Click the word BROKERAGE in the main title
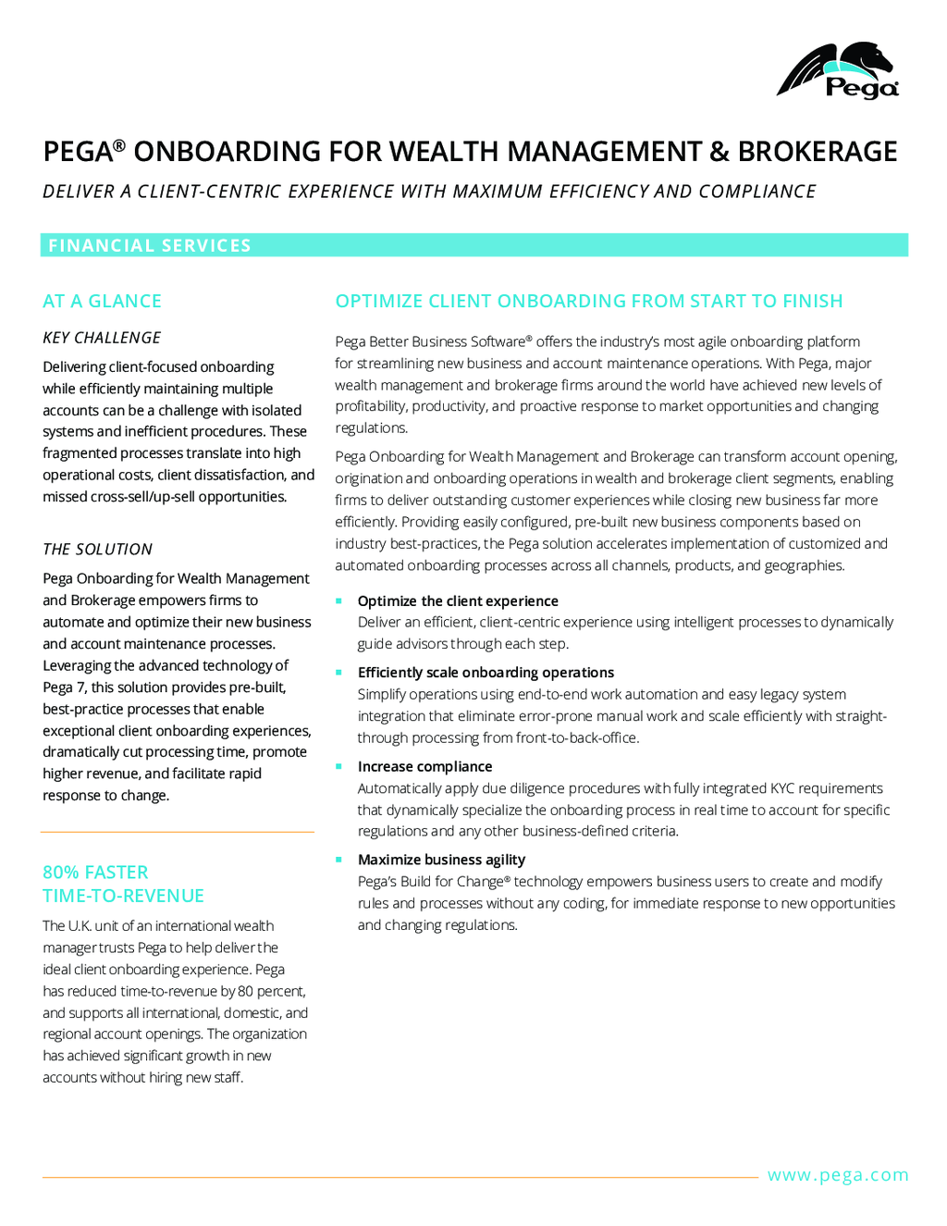818,152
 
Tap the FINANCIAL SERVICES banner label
150,245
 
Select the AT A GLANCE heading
102,301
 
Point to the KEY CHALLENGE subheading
102,338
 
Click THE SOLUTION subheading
97,549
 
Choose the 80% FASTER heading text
95,873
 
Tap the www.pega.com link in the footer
838,1175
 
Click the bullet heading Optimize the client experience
458,601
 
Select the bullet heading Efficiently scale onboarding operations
486,673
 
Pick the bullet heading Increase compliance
424,767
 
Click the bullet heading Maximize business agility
441,860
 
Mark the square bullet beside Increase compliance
339,766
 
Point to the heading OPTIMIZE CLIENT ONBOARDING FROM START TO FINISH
589,301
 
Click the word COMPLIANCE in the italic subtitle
757,192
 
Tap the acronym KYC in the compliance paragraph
782,788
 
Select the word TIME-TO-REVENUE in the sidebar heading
123,896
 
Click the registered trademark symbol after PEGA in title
119,144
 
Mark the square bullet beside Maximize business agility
339,859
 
